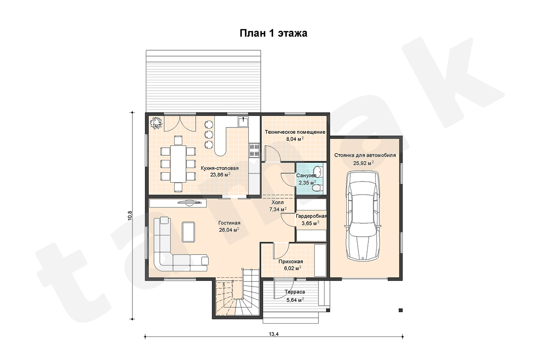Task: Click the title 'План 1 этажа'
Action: click(273, 33)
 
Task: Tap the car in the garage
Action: click(363, 215)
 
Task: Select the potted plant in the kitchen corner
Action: click(156, 123)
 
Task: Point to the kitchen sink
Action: click(244, 122)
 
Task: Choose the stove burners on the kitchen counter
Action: click(254, 150)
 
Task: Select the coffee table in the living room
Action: click(189, 232)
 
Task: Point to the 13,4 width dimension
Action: click(274, 336)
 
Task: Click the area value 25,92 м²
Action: click(364, 163)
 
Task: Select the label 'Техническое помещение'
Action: click(295, 132)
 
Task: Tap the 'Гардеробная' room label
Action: click(311, 216)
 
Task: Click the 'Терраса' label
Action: click(295, 292)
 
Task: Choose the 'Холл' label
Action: click(278, 202)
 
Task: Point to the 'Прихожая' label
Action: click(291, 262)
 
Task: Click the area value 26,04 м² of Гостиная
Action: click(229, 230)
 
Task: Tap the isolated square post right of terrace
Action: click(401, 310)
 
